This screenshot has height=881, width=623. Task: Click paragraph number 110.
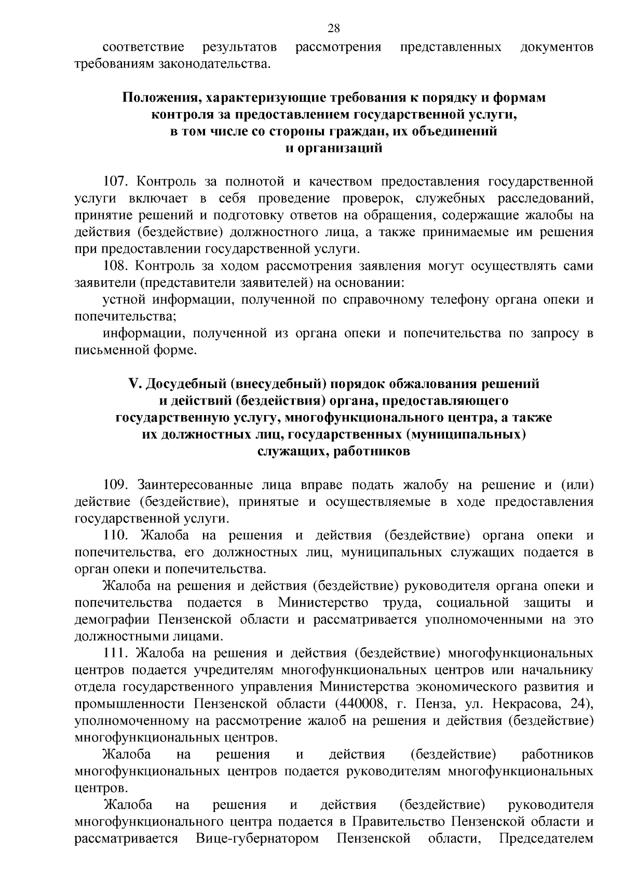click(117, 535)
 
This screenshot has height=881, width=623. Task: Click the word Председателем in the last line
click(546, 854)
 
